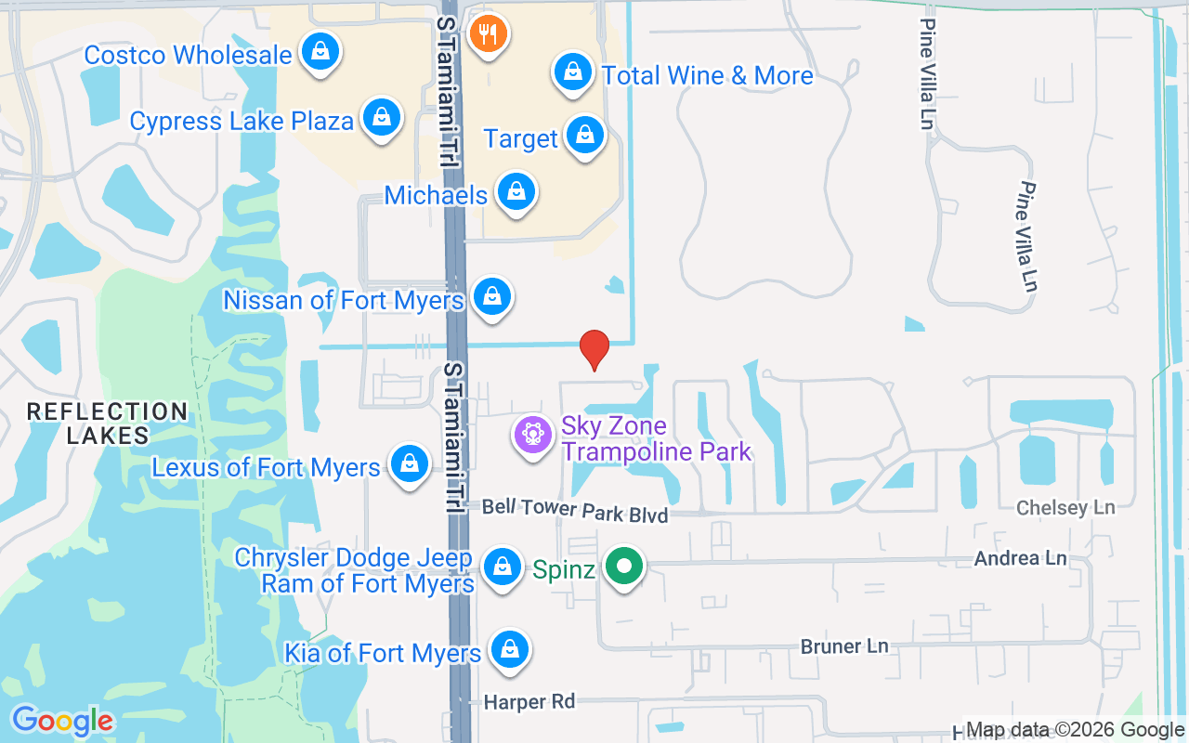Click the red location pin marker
594,349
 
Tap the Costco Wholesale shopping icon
320,53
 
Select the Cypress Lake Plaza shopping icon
381,118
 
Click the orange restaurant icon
487,34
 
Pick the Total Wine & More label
707,75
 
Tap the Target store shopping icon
584,136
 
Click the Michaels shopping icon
515,192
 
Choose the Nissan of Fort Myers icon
492,297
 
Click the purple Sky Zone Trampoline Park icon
533,436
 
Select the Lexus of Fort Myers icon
407,463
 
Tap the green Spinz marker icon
625,566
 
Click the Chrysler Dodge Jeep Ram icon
503,566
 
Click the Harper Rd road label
529,702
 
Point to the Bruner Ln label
844,646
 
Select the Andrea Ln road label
1020,558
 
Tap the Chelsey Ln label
1065,508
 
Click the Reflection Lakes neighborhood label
107,423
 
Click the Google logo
62,721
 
